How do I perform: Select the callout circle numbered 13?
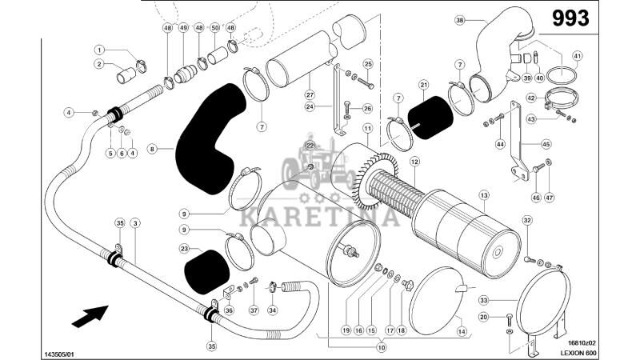pyautogui.click(x=484, y=195)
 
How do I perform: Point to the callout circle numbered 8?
pyautogui.click(x=152, y=147)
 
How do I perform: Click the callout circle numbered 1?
pyautogui.click(x=99, y=49)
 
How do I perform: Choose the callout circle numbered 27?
pyautogui.click(x=310, y=94)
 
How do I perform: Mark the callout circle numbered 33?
pyautogui.click(x=483, y=300)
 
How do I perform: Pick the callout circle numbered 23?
pyautogui.click(x=185, y=249)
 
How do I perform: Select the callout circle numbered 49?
pyautogui.click(x=183, y=28)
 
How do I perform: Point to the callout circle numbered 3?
pyautogui.click(x=135, y=222)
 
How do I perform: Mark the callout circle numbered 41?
pyautogui.click(x=578, y=55)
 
